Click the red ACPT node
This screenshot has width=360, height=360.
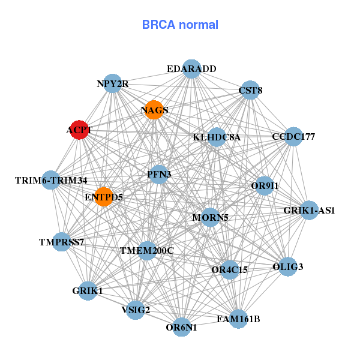79,130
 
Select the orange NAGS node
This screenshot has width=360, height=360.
154,110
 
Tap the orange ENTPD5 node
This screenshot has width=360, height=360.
104,196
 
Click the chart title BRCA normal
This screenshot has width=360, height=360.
180,25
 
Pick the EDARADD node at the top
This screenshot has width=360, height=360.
191,69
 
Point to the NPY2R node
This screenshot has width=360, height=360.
113,84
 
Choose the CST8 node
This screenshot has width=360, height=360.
250,91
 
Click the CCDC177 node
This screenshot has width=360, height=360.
293,137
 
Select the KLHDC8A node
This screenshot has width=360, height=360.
217,137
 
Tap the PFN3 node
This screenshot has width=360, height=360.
159,175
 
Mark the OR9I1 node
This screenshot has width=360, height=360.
265,186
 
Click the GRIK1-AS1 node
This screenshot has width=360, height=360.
309,211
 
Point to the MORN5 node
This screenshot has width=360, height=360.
210,217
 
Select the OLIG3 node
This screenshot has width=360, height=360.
288,266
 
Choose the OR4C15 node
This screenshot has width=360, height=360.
229,269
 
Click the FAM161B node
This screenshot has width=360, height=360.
238,319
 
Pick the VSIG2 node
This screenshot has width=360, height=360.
136,310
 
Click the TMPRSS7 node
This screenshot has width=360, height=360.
61,242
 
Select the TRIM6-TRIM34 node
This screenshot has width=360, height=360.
51,180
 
